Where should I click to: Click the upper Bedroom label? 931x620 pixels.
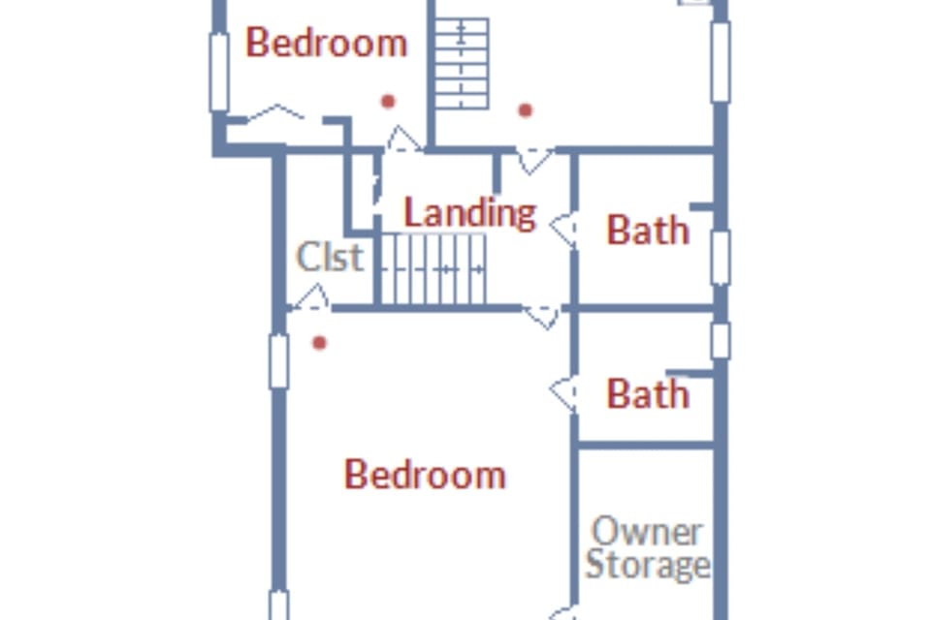click(327, 43)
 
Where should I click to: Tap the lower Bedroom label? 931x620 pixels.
click(425, 475)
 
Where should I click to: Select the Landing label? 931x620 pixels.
click(469, 212)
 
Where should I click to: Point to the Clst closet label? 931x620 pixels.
click(330, 257)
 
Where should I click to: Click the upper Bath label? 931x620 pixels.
click(648, 230)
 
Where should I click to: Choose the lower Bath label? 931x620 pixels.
click(648, 393)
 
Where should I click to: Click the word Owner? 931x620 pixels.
click(648, 532)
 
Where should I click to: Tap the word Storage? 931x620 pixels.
click(648, 564)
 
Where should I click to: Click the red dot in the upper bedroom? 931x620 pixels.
click(388, 102)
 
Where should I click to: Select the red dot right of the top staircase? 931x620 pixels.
click(525, 110)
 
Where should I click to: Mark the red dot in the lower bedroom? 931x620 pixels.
click(319, 343)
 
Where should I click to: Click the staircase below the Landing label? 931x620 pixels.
click(433, 269)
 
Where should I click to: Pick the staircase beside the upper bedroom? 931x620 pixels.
click(462, 64)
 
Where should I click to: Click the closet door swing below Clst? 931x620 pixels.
click(311, 297)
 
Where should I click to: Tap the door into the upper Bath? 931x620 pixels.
click(563, 228)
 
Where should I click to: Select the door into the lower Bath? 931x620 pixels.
click(563, 393)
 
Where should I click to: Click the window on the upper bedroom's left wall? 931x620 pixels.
click(219, 73)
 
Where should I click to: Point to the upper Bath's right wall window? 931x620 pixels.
click(721, 258)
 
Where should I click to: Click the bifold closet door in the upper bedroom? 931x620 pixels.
click(274, 112)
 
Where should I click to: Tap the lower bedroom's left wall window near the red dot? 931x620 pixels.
click(278, 361)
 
